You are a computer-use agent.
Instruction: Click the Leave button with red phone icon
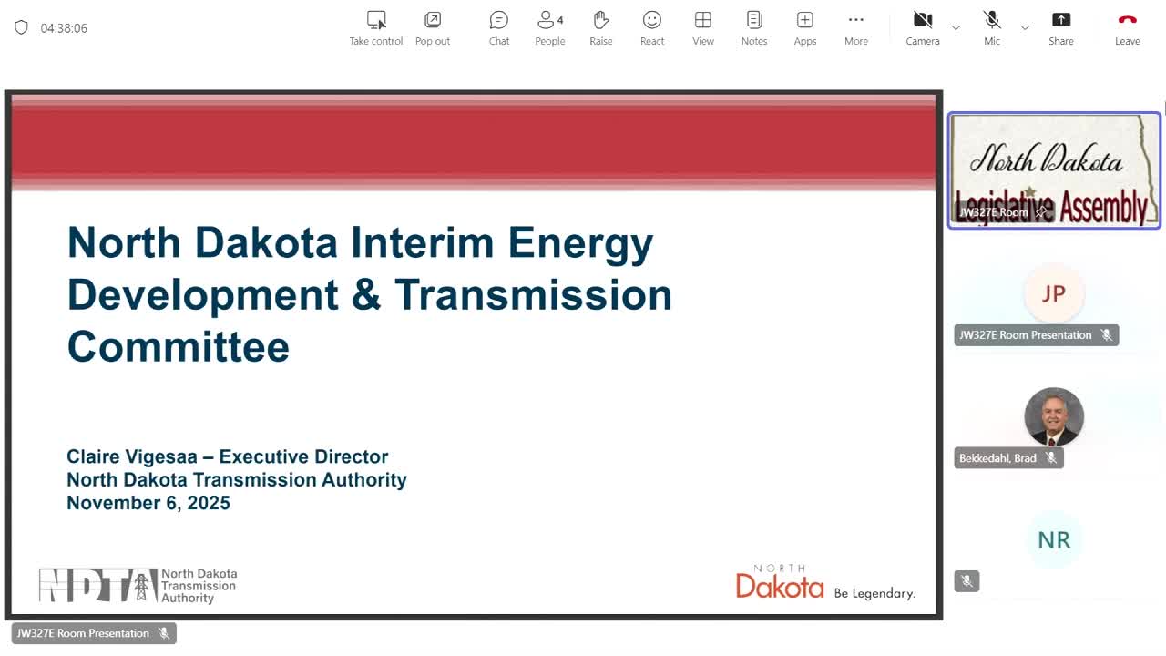1127,27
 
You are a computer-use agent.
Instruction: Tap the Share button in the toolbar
1060,27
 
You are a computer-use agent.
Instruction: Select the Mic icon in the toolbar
992,27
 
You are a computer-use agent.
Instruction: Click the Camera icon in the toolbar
922,27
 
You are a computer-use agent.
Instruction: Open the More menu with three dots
855,27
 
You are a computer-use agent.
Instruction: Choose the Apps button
804,27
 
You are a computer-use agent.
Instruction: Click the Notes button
753,27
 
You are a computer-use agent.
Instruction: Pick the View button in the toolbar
702,27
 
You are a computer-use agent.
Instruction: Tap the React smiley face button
651,27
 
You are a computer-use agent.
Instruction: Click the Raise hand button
600,27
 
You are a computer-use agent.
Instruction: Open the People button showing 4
549,27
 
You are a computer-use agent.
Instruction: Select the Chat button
498,27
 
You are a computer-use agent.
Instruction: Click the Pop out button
433,27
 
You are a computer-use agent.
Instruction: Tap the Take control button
375,27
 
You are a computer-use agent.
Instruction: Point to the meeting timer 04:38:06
64,28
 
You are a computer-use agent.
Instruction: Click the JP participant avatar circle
1053,294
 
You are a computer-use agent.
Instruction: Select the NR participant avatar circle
1053,540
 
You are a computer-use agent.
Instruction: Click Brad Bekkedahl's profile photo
1053,416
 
